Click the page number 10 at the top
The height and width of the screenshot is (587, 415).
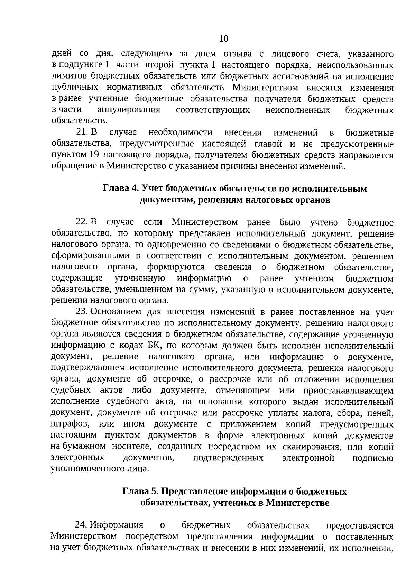[224, 38]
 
